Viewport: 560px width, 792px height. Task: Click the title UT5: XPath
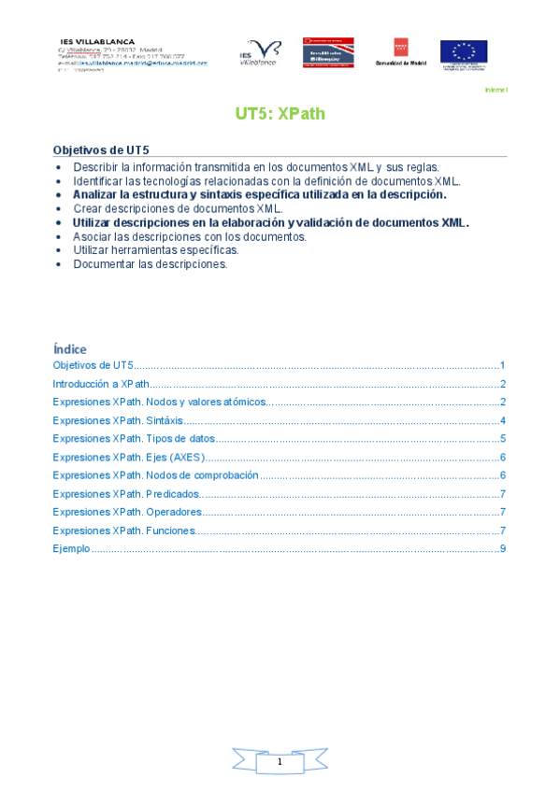click(x=280, y=114)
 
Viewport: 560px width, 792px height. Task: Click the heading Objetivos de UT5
click(x=100, y=149)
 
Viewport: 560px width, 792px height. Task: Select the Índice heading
click(x=70, y=348)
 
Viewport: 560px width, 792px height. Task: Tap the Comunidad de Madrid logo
click(x=399, y=51)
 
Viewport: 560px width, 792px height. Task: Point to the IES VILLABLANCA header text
click(x=97, y=42)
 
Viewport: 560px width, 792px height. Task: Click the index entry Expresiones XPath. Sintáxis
click(x=118, y=420)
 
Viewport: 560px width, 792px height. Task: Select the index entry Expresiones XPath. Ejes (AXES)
click(x=128, y=457)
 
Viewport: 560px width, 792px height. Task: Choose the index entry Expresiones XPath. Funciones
click(x=124, y=530)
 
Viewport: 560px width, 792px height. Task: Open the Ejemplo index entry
click(x=71, y=548)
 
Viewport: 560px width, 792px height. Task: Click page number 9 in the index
click(x=503, y=548)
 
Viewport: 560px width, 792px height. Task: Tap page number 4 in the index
click(x=503, y=420)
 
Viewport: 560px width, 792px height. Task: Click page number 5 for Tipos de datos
click(x=503, y=439)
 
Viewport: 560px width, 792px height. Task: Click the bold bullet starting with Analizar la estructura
click(x=260, y=195)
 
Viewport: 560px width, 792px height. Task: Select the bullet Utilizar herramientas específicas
click(x=156, y=250)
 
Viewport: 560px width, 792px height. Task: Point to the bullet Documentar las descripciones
click(x=151, y=264)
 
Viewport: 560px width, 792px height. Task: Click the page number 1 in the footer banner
click(x=280, y=763)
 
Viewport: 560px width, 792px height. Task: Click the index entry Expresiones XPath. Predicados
click(x=126, y=494)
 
